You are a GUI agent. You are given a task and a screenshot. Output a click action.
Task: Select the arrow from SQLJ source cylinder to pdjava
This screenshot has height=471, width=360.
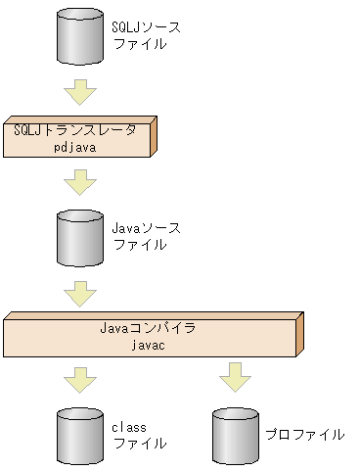tap(78, 93)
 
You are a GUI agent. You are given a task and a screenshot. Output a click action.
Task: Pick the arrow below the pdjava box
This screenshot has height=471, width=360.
tap(78, 182)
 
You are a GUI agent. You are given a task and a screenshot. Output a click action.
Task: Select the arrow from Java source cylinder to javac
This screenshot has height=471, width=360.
tap(78, 292)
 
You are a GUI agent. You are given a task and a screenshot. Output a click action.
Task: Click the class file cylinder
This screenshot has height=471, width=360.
tap(78, 436)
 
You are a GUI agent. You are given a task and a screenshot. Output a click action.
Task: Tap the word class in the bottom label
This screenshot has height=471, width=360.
tap(128, 428)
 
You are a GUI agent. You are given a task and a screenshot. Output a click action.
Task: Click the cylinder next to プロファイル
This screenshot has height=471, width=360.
tap(233, 436)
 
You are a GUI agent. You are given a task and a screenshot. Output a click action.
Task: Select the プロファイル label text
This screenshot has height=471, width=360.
tap(305, 434)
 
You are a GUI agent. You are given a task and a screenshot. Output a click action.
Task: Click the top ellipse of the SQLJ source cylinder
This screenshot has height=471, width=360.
tap(78, 15)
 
